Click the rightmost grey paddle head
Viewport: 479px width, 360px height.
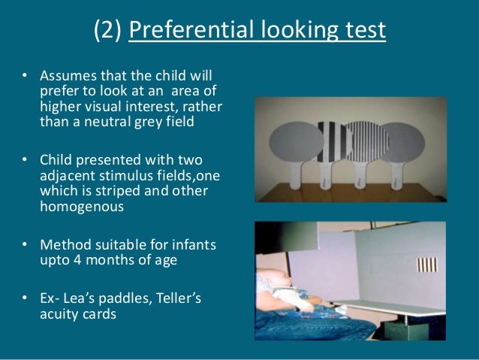tap(409, 142)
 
